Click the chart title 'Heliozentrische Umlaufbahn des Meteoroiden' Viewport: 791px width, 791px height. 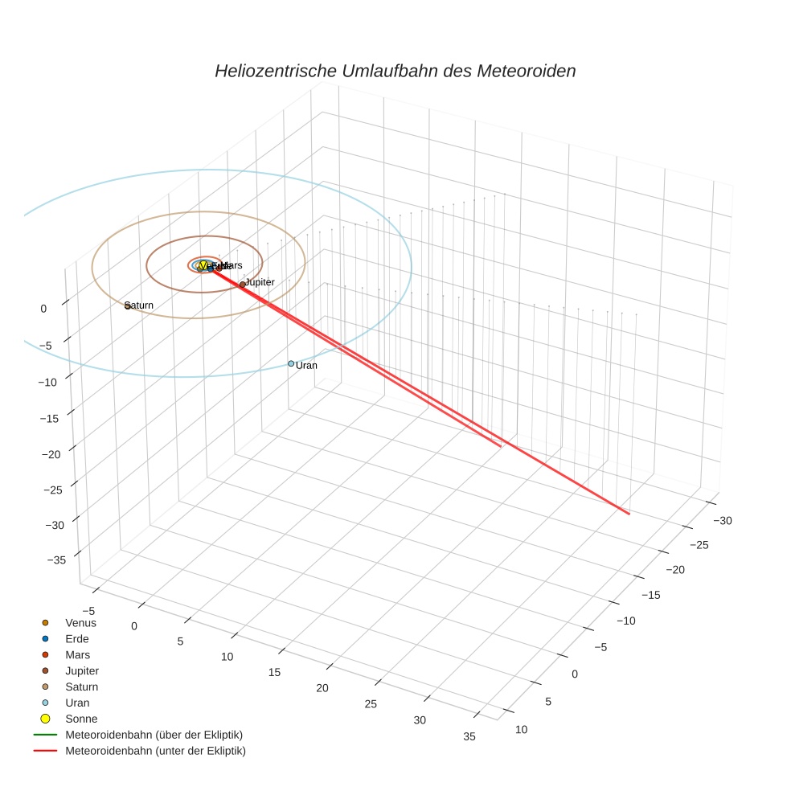point(395,71)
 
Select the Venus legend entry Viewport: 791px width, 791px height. point(80,622)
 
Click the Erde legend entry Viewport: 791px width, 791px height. point(77,638)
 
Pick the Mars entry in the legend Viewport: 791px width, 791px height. point(77,654)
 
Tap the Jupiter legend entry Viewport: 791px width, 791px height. point(82,670)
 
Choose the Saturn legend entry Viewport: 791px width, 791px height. point(81,686)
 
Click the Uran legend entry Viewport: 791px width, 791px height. point(77,703)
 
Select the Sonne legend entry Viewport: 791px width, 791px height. point(80,719)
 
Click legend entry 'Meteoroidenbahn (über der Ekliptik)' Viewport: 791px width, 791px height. point(154,735)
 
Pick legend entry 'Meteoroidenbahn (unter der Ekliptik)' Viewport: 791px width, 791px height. point(155,751)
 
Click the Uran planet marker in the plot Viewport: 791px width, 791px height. point(291,364)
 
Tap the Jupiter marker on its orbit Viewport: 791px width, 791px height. point(242,285)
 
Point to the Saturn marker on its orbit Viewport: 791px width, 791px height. point(128,306)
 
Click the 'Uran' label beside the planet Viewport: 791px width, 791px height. point(307,366)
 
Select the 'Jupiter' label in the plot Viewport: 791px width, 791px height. point(260,282)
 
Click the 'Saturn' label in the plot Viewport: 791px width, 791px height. point(140,305)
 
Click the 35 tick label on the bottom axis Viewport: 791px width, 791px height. point(469,736)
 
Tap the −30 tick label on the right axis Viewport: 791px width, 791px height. point(721,520)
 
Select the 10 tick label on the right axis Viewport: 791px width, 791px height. point(521,729)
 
